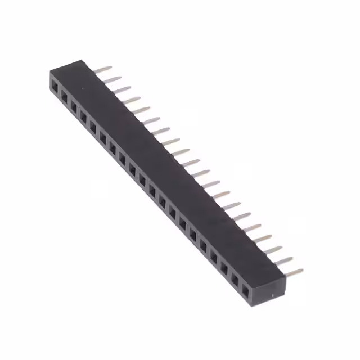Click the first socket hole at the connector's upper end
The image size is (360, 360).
[x=55, y=87]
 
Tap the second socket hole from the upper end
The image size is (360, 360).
[x=64, y=97]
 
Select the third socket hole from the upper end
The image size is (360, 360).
[x=74, y=107]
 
